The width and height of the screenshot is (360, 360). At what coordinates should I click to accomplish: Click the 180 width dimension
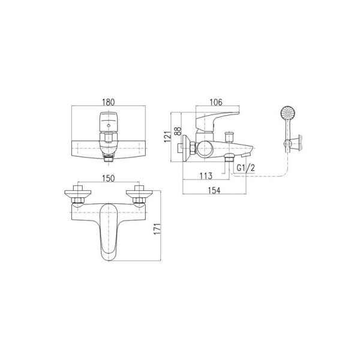coord(109,102)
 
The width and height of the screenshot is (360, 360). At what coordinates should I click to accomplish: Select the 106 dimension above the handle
coord(216,102)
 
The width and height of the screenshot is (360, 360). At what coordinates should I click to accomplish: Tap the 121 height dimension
coord(167,137)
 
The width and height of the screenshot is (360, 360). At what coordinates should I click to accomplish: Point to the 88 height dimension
coord(178,131)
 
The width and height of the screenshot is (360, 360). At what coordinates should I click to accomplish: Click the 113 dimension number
coord(206,176)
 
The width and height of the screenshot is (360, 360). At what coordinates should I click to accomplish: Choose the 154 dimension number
coord(214,190)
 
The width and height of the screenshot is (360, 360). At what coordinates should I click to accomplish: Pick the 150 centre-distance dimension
coord(109,178)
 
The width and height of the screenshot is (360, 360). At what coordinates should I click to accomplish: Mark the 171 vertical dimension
coord(157,229)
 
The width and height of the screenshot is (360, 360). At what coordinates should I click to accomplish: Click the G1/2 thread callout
coord(245,168)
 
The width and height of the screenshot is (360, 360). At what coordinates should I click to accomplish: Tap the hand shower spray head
coord(288,113)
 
